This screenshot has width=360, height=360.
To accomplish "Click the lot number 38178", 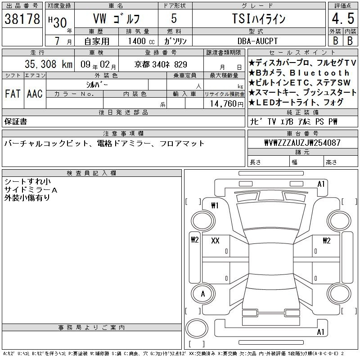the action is (22, 18).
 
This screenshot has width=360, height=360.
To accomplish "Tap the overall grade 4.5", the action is (343, 18).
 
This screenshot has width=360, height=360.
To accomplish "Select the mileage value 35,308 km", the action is (49, 64).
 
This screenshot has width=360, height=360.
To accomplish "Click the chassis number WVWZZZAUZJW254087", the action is (302, 143).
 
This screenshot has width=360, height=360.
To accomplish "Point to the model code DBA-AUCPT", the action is (257, 41).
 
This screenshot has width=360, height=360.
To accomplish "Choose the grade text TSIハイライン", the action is (259, 18).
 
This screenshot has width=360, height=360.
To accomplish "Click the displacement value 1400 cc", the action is (141, 41).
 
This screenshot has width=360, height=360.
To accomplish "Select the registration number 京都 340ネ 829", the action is (161, 64).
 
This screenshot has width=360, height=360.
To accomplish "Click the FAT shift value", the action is (13, 94).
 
